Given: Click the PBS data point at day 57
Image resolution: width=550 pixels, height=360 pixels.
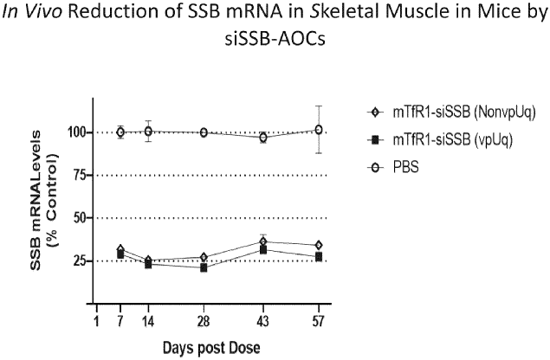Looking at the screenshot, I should click(x=319, y=130).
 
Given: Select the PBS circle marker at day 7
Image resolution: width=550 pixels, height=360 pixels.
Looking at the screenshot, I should click(x=120, y=132).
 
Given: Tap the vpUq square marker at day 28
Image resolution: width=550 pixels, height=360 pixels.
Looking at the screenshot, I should click(x=204, y=267).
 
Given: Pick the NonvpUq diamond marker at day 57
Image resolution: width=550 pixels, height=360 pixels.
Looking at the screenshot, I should click(x=319, y=245).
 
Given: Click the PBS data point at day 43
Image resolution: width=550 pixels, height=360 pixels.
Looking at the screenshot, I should click(x=263, y=137).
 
